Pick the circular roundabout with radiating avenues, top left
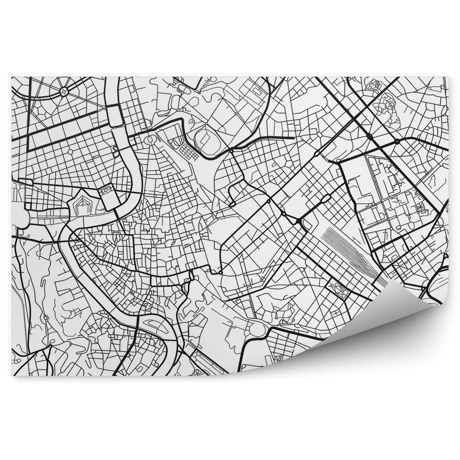click(x=64, y=92)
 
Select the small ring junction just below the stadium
click(x=231, y=151)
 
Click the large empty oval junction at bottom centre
click(x=256, y=329)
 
